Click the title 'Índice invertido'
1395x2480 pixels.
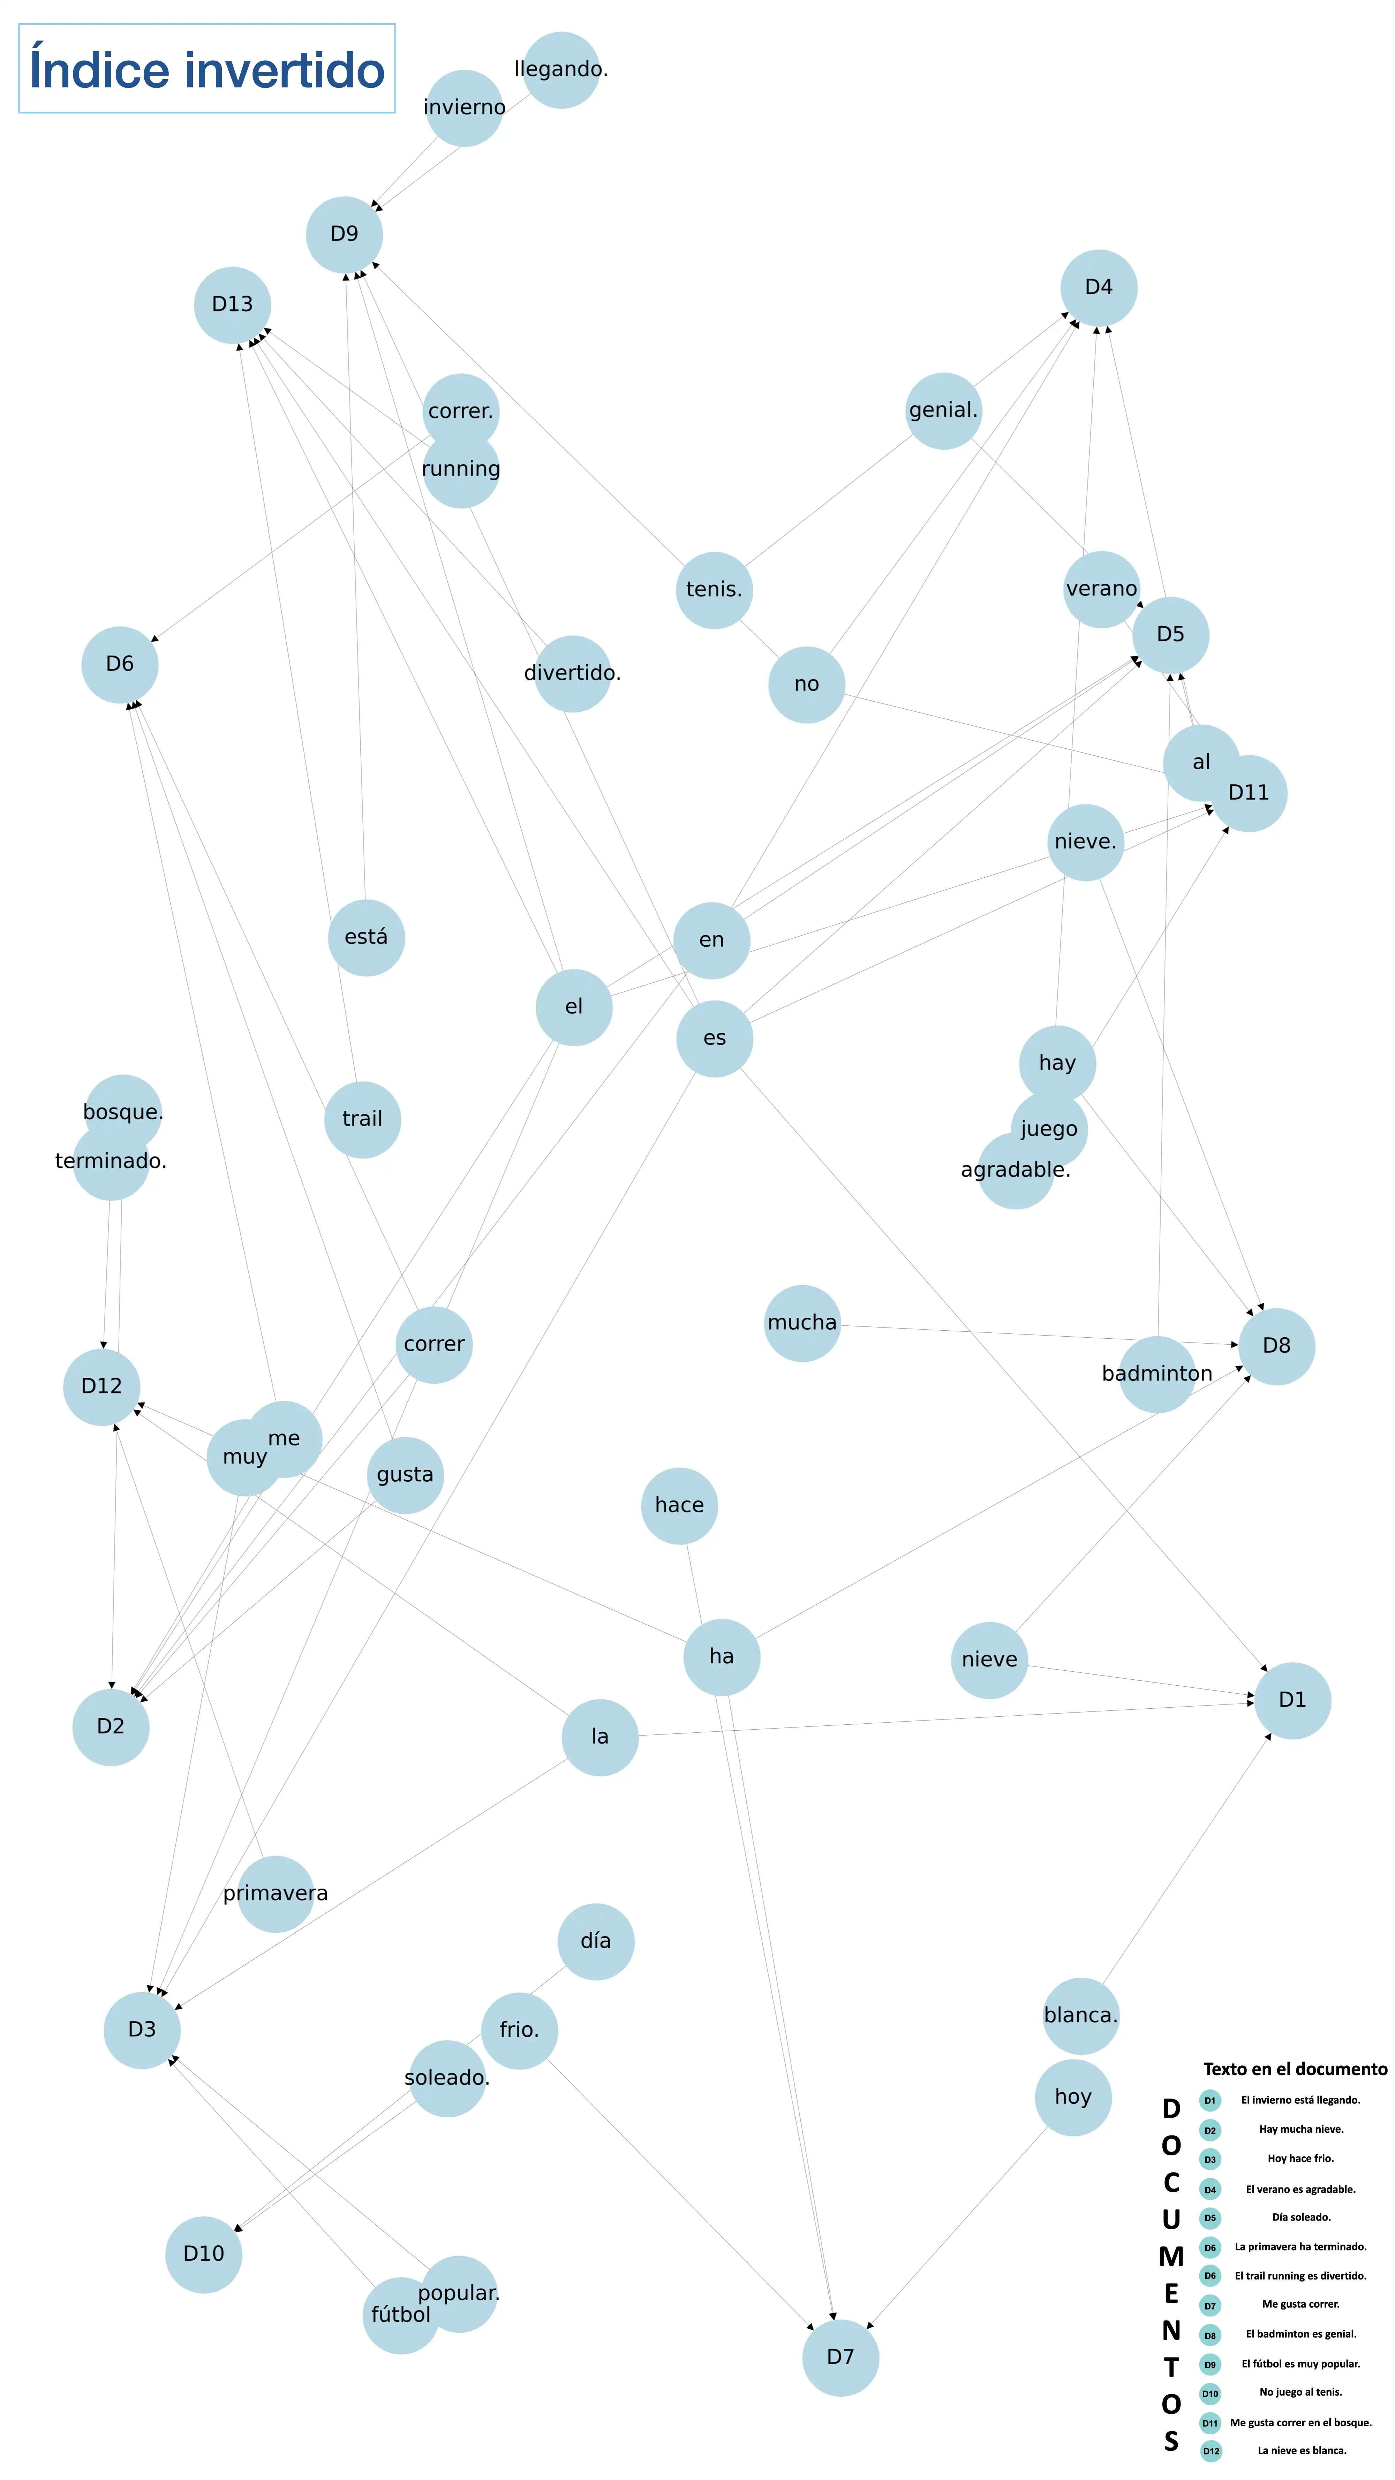207,69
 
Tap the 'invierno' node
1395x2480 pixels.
464,108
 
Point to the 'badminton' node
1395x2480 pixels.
1156,1374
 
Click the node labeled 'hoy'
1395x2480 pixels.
1072,2097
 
